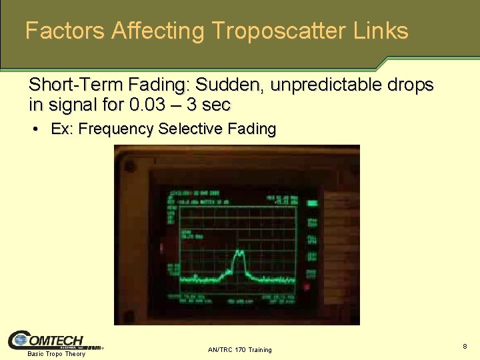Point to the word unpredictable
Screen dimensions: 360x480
coord(326,85)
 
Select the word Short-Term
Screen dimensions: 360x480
coord(75,85)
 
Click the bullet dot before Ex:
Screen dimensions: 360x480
coord(35,129)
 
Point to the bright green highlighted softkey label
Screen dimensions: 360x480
coord(312,203)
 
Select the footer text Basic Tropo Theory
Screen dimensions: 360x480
coord(56,354)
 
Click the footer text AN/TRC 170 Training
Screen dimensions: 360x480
coord(239,349)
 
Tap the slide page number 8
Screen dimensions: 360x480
coord(465,347)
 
